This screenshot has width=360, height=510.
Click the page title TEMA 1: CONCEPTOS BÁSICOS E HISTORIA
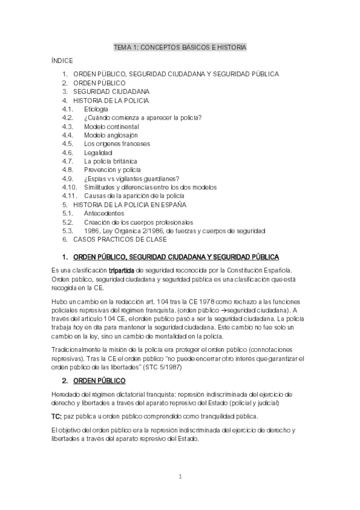click(x=180, y=47)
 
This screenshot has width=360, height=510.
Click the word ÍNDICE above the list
click(x=63, y=61)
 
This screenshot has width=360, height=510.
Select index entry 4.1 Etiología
click(x=96, y=109)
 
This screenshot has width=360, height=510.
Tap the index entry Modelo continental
click(x=111, y=126)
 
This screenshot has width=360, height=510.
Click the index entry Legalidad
click(x=98, y=153)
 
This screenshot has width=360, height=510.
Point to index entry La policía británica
click(x=111, y=161)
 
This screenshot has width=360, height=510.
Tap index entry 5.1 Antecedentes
click(x=104, y=213)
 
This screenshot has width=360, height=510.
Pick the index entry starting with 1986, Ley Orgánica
click(x=174, y=230)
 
